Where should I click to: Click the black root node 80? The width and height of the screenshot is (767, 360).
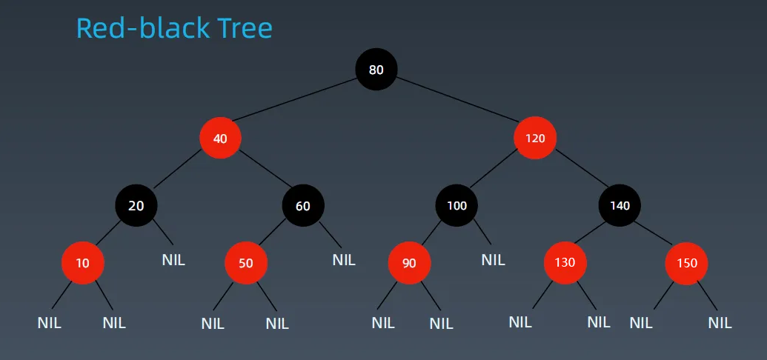point(376,70)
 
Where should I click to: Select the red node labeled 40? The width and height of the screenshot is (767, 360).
point(220,139)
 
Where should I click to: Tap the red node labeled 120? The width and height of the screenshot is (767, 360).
point(535,138)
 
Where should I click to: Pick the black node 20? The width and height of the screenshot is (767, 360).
point(136,205)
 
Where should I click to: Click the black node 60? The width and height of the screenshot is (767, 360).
point(303,205)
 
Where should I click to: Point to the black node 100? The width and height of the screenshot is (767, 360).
point(457,205)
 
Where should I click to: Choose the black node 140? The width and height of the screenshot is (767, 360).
point(620,205)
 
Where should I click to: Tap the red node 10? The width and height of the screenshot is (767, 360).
point(83,263)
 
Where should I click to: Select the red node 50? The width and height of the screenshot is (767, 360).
point(246,263)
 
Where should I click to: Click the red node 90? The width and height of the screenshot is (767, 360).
point(409,263)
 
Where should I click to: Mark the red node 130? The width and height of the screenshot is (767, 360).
point(565,263)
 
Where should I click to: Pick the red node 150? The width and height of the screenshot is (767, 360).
point(686,263)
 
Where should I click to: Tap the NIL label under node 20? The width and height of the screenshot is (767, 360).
point(173,260)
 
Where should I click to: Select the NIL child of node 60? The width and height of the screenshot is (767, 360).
point(344,260)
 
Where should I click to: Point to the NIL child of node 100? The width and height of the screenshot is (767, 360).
point(493,260)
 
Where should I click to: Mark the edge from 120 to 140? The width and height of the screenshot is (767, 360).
point(582,167)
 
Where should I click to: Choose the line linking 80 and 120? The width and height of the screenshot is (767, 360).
point(457,99)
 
